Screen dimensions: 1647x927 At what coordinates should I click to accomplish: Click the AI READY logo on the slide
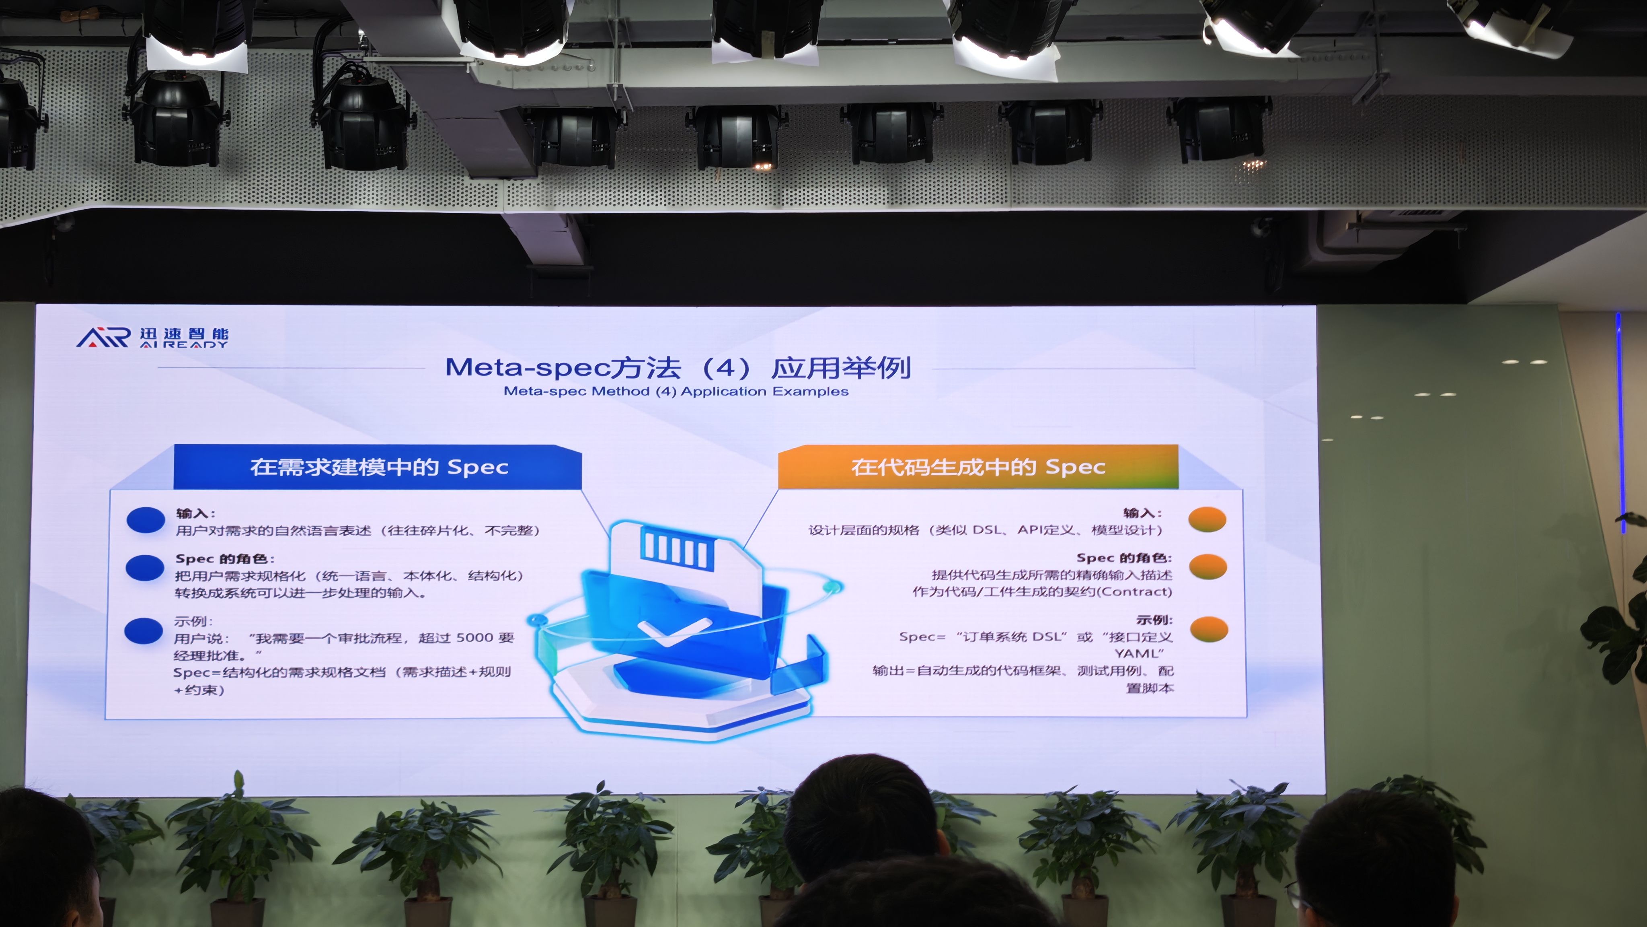click(152, 337)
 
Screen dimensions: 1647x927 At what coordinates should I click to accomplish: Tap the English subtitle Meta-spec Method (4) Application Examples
click(676, 391)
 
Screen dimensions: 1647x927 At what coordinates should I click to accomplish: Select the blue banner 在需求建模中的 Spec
click(378, 467)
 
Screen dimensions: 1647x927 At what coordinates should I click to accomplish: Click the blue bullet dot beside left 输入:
click(146, 520)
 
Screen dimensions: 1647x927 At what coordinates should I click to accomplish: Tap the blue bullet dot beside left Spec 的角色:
click(145, 567)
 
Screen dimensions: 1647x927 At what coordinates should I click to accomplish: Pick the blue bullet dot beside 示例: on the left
click(144, 631)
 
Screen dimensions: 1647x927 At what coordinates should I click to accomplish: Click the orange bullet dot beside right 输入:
click(1207, 519)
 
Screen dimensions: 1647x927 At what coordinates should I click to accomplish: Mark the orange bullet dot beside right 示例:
click(1208, 629)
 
